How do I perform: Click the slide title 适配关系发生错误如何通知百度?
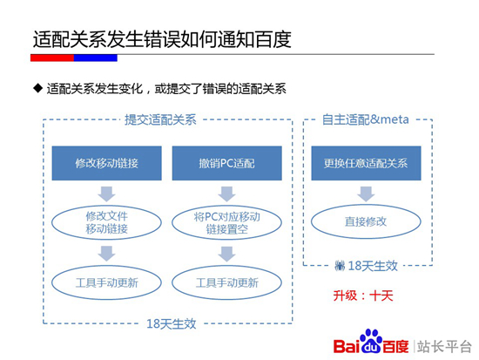(x=161, y=39)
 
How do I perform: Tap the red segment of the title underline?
(x=51, y=58)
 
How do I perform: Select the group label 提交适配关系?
(x=160, y=119)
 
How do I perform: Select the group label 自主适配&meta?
(x=365, y=119)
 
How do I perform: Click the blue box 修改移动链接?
(x=106, y=164)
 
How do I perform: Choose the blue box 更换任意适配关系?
(x=365, y=164)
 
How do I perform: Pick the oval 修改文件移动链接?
(x=106, y=222)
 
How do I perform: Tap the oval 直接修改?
(x=365, y=221)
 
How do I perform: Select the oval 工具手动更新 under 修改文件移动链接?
(x=106, y=282)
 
